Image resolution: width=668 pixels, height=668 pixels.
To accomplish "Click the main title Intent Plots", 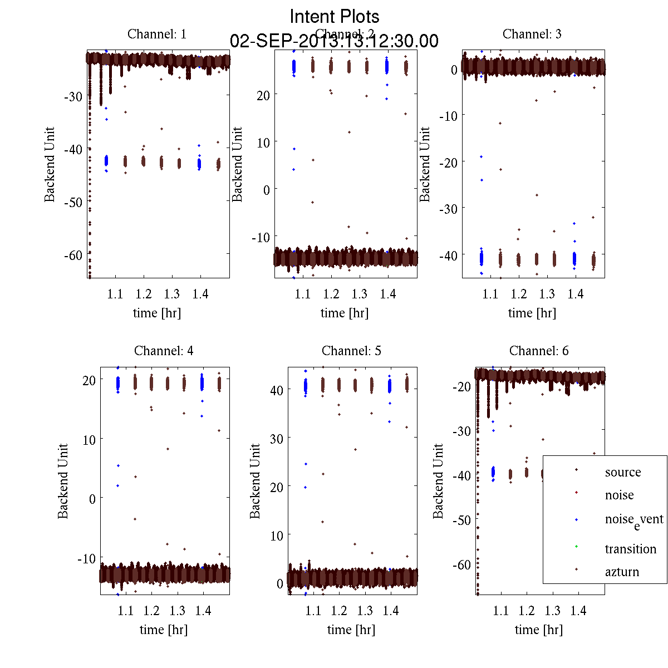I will pos(335,16).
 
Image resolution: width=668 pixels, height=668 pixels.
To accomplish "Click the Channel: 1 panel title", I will pos(157,34).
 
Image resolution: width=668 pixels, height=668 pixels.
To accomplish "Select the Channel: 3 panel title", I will pos(532,34).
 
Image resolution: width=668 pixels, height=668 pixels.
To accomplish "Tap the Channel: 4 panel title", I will pos(164,351).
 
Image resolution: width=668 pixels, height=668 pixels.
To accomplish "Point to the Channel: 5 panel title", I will pos(351,351).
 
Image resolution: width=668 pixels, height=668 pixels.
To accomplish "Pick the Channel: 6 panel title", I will pos(539,351).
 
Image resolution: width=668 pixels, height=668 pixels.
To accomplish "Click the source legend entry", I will pos(622,473).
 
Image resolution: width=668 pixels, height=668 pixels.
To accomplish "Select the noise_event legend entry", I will pos(633,520).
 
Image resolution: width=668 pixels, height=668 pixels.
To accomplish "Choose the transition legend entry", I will pos(630,549).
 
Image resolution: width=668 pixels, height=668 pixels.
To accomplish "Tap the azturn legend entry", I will pos(622,572).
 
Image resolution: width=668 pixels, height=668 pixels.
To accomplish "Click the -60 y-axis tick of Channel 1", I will pos(72,256).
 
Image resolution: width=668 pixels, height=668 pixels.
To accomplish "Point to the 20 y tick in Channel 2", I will pos(263,95).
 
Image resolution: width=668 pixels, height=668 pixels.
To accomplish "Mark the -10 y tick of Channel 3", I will pos(449,116).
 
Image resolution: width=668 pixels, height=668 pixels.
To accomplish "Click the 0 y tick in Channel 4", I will pos(92,499).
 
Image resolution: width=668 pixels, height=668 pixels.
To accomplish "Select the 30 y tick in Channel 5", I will pos(277,439).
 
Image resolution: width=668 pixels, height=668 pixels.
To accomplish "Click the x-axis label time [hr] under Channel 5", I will pos(351,630).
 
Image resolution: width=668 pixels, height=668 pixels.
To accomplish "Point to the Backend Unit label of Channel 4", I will pos(63,481).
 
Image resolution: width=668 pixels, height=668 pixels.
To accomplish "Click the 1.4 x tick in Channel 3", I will pos(576,294).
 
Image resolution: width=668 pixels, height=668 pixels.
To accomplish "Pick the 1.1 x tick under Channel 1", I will pos(115,294).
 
